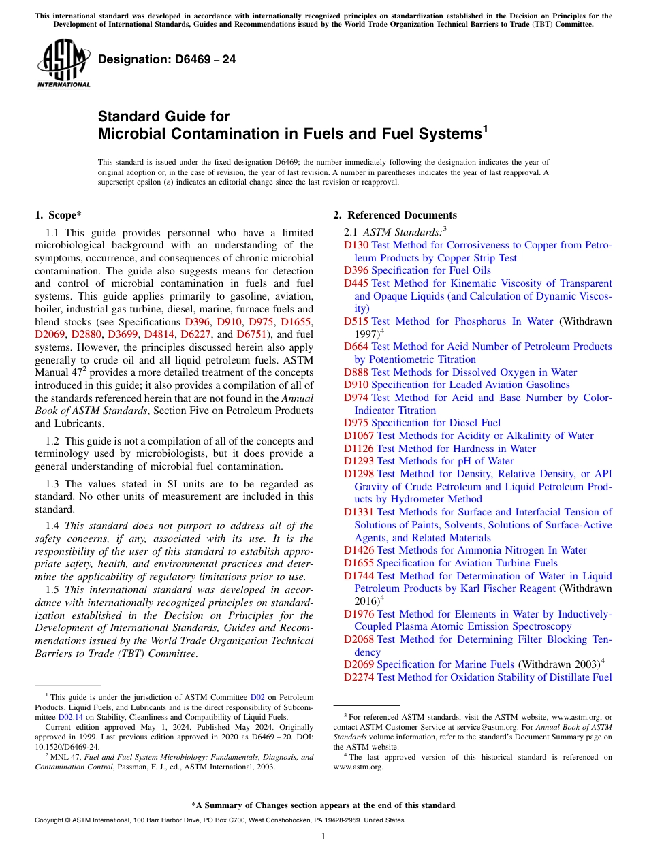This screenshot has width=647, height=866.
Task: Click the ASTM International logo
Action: [63, 65]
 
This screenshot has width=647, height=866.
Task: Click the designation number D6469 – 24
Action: [167, 59]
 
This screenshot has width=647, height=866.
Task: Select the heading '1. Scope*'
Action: [59, 215]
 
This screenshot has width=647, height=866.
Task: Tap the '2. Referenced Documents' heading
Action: [395, 215]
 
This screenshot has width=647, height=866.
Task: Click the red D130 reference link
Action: [356, 245]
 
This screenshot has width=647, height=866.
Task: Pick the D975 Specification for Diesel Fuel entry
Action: [422, 423]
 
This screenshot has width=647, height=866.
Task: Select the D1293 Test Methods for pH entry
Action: [429, 461]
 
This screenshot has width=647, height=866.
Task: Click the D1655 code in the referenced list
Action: [359, 563]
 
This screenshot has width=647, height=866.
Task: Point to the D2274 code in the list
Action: [359, 677]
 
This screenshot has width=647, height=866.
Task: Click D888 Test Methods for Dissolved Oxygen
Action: [460, 372]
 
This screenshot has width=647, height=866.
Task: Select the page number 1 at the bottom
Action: [323, 836]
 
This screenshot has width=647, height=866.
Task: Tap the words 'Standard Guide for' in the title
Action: [163, 116]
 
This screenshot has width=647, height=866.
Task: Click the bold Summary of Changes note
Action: [323, 805]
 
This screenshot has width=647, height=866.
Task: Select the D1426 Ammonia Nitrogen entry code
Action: [359, 550]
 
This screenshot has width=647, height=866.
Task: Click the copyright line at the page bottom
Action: [219, 820]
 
